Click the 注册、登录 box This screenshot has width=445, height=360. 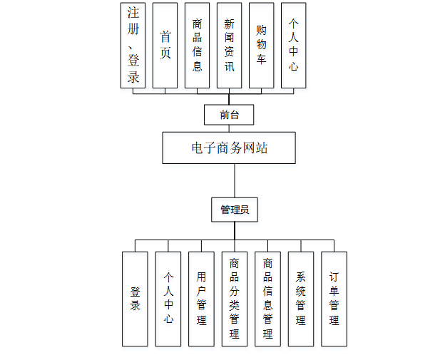pyautogui.click(x=133, y=45)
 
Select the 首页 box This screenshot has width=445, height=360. pyautogui.click(x=165, y=45)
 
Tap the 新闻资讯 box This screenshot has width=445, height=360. pyautogui.click(x=229, y=45)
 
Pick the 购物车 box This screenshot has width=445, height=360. pyautogui.click(x=262, y=45)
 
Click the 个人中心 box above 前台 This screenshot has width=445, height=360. pyautogui.click(x=293, y=45)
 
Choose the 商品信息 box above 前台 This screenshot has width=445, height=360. pyautogui.click(x=197, y=45)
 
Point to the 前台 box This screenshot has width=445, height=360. pyautogui.click(x=229, y=114)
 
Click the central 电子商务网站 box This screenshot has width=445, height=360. pyautogui.click(x=229, y=148)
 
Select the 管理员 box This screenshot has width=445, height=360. pyautogui.click(x=234, y=210)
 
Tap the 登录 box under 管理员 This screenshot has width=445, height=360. pyautogui.click(x=135, y=299)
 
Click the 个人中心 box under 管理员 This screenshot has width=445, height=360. pyautogui.click(x=168, y=299)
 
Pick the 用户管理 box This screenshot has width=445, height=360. pyautogui.click(x=201, y=299)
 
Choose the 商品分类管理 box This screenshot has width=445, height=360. pyautogui.click(x=235, y=299)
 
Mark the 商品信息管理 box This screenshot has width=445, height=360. pyautogui.click(x=267, y=299)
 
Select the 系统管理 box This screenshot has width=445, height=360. pyautogui.click(x=300, y=299)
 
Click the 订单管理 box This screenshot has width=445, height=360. pyautogui.click(x=334, y=299)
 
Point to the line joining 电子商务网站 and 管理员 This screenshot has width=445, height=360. pyautogui.click(x=234, y=180)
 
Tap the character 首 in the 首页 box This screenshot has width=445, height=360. pyautogui.click(x=165, y=36)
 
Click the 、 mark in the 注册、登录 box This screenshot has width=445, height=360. pyautogui.click(x=131, y=51)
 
